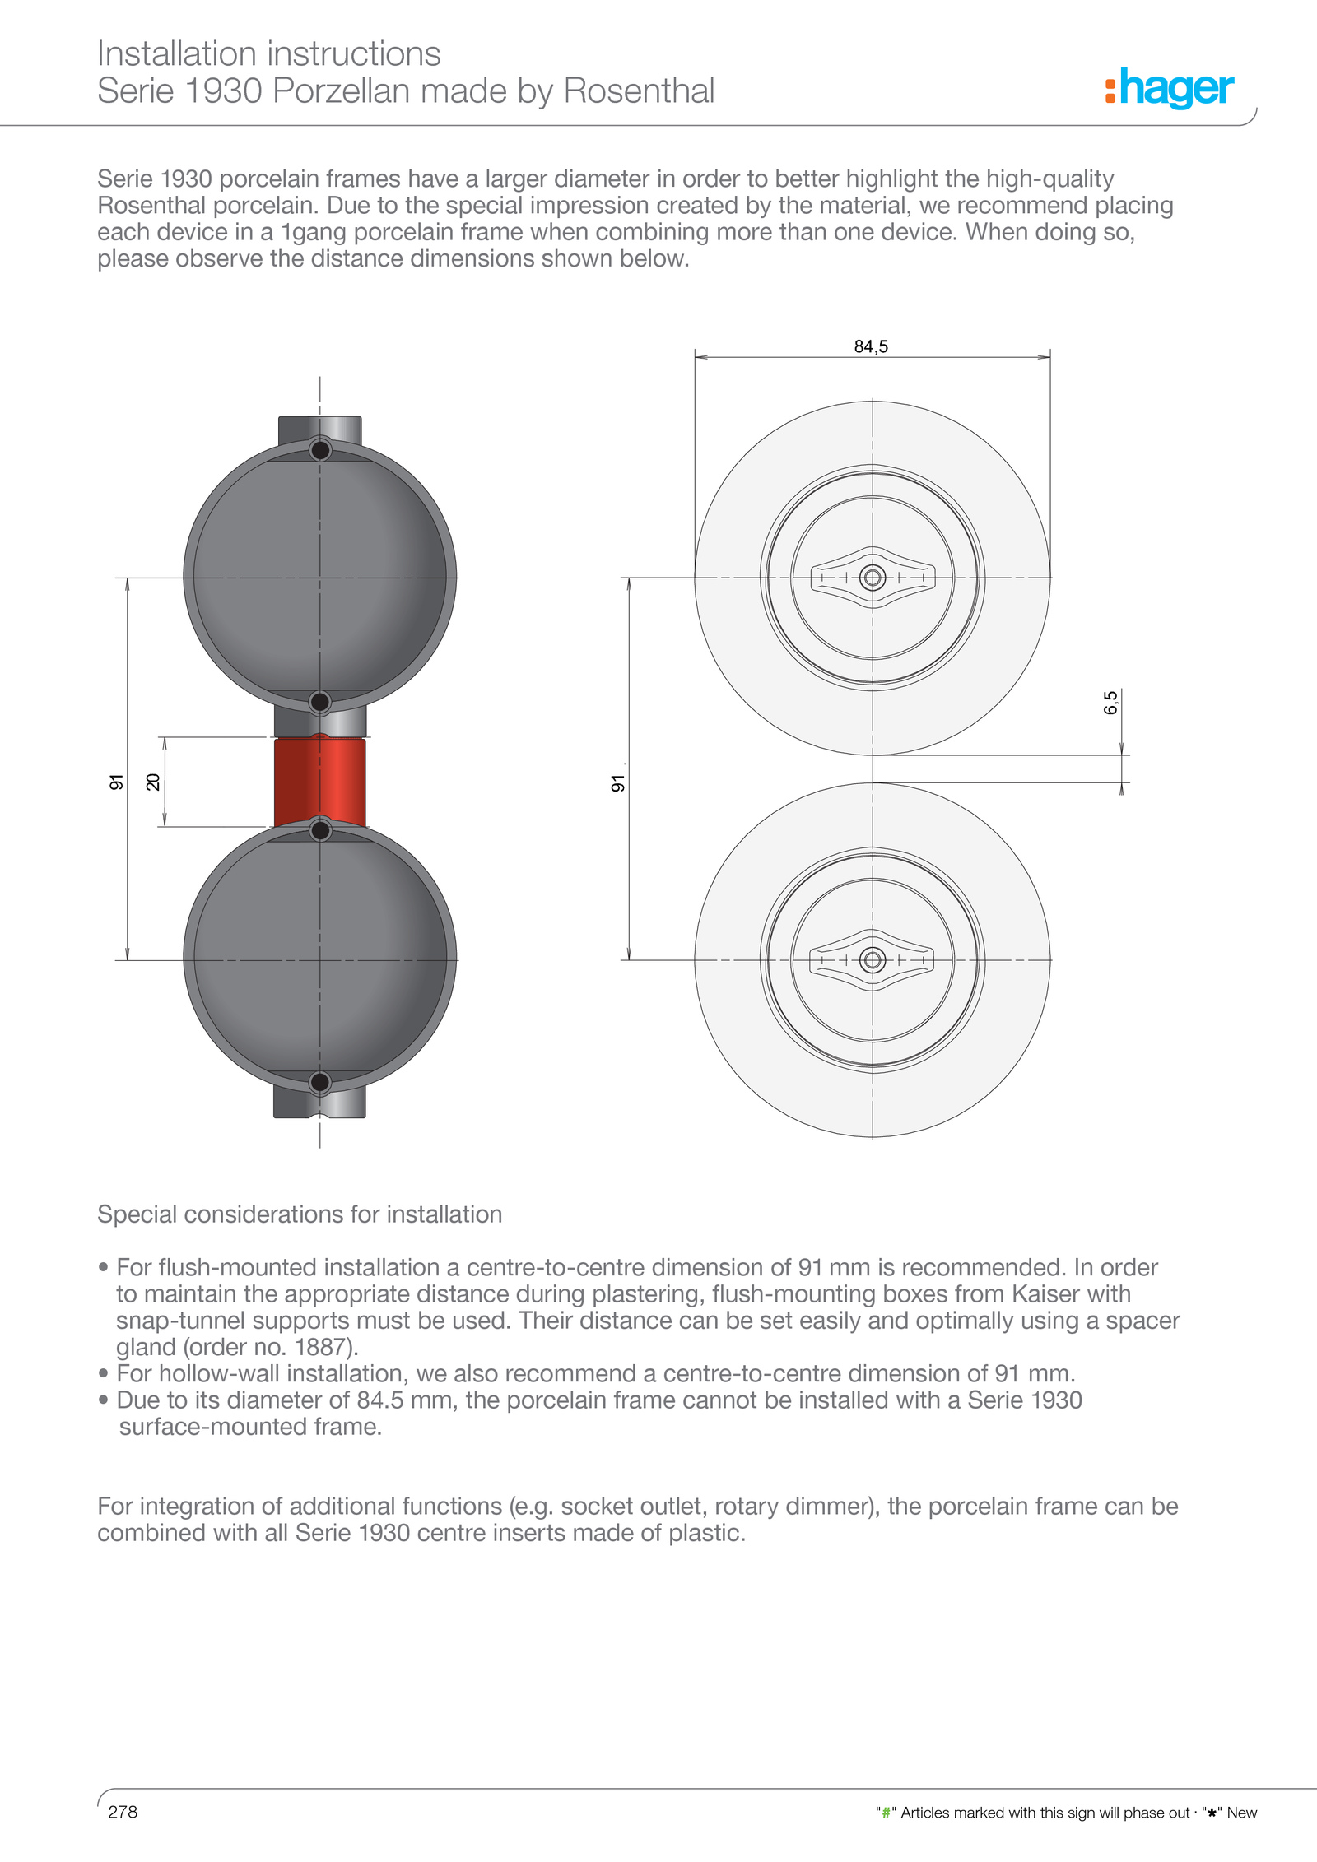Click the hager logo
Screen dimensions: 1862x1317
click(1170, 88)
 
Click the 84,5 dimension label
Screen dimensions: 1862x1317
click(871, 346)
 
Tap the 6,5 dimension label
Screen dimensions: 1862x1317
click(1111, 702)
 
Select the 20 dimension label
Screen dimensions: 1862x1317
click(153, 782)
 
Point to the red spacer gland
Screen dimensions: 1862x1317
click(319, 782)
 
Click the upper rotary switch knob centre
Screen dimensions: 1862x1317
click(873, 578)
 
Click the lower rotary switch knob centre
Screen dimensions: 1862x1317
click(873, 959)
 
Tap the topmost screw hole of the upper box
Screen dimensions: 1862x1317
click(320, 450)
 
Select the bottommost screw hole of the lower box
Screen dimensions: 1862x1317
click(320, 1082)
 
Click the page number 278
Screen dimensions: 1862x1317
click(123, 1812)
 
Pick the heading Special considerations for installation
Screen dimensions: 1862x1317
click(300, 1214)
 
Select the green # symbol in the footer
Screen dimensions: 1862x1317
click(886, 1813)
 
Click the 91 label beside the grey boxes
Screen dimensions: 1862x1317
click(116, 782)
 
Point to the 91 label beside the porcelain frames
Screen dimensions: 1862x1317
click(617, 782)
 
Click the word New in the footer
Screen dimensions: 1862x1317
click(1241, 1813)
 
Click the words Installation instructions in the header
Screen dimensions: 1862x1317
click(269, 54)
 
